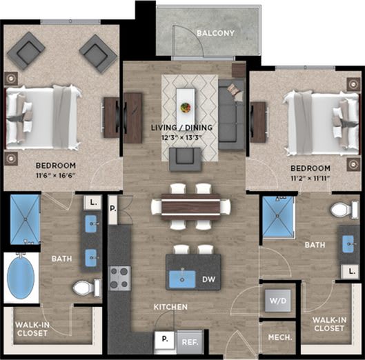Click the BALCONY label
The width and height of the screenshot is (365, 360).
[215, 33]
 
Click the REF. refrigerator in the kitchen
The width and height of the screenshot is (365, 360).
[189, 340]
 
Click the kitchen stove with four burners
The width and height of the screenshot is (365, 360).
[120, 277]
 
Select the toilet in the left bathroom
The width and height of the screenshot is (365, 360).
[83, 287]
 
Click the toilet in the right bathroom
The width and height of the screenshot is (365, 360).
[340, 210]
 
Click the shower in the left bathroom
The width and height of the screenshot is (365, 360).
[25, 219]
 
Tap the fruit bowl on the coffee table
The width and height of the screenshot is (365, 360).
[186, 108]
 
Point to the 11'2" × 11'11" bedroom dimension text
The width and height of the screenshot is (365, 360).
[308, 177]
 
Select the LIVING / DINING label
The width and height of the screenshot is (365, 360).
[181, 128]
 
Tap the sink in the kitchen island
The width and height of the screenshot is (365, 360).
[181, 279]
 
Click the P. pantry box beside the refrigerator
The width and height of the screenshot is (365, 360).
[164, 339]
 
